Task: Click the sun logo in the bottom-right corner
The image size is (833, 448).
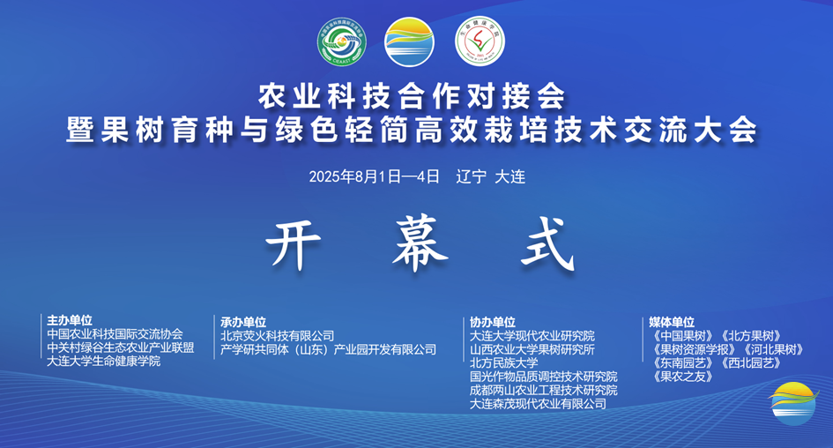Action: tap(793, 403)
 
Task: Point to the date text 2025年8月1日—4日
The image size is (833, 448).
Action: tap(374, 176)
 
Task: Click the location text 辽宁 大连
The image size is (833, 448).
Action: tap(491, 176)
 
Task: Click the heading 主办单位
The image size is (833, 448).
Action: tap(70, 321)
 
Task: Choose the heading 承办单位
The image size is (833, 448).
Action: tap(243, 322)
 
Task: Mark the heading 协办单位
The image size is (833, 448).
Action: tap(493, 322)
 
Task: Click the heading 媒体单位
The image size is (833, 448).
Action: tap(672, 322)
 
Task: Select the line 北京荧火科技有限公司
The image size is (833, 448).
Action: tap(278, 336)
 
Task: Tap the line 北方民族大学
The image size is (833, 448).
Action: tap(503, 362)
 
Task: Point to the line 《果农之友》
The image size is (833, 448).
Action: tap(683, 377)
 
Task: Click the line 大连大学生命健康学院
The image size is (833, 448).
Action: tap(104, 362)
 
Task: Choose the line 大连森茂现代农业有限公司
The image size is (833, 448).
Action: tap(538, 403)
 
